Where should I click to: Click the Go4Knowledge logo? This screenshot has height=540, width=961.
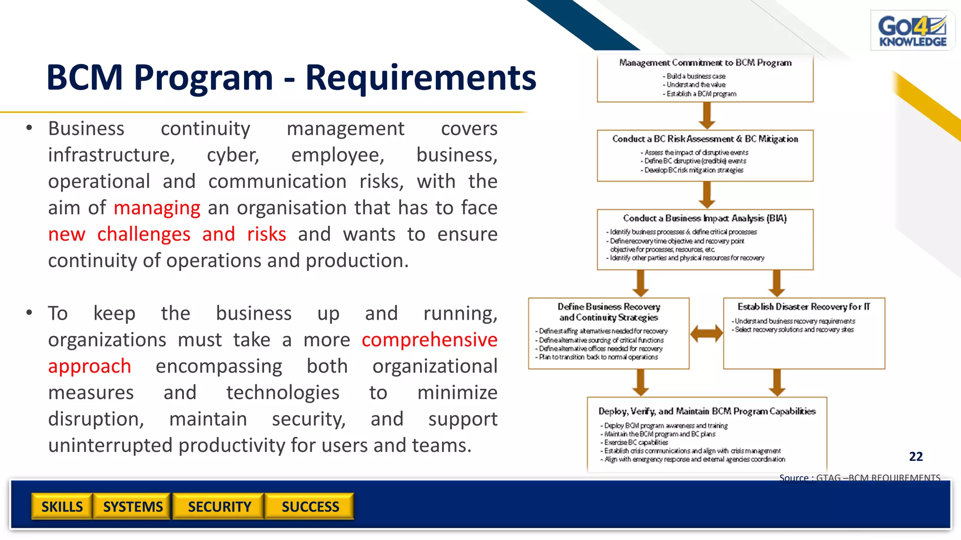click(912, 31)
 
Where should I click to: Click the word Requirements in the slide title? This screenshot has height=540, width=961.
click(420, 77)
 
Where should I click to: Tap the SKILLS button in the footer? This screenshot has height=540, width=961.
click(62, 507)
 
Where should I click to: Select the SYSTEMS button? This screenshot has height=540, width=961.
click(133, 507)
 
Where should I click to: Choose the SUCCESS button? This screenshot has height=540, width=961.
click(310, 507)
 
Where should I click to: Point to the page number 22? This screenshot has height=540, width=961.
click(915, 457)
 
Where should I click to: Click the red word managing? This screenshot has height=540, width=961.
click(157, 208)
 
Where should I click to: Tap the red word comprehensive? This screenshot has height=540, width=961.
click(429, 340)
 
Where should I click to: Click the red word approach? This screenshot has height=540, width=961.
click(89, 366)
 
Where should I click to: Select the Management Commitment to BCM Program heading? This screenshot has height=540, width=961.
click(705, 63)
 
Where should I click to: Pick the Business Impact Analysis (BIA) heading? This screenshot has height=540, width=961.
click(705, 218)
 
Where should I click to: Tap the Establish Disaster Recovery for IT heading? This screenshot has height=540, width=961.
click(803, 307)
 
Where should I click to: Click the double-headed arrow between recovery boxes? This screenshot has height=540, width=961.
click(706, 333)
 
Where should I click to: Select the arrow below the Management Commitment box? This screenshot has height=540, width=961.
click(707, 115)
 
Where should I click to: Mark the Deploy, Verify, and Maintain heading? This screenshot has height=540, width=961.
click(707, 411)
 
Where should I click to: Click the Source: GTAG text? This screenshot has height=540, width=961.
click(859, 478)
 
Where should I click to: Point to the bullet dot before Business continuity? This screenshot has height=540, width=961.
click(29, 128)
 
